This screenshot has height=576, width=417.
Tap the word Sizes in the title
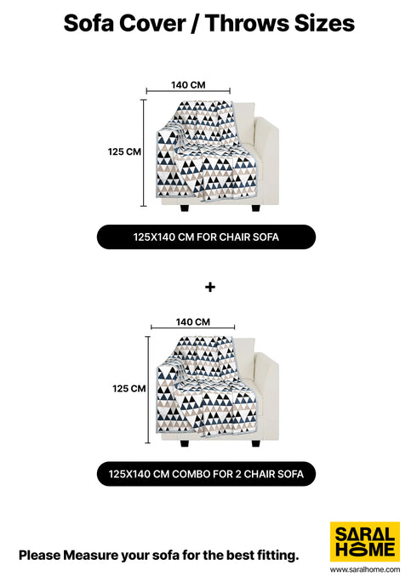(x=324, y=23)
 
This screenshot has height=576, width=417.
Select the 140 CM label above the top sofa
(x=188, y=85)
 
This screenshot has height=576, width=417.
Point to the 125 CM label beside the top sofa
(x=124, y=151)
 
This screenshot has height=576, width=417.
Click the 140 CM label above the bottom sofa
(x=193, y=322)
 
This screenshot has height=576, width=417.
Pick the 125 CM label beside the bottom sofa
(x=129, y=389)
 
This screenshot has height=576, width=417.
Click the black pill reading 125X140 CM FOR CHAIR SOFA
(x=206, y=237)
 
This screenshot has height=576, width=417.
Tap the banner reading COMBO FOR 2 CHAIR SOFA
(x=206, y=474)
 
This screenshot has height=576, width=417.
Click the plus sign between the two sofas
(x=210, y=287)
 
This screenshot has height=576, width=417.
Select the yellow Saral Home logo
(x=365, y=541)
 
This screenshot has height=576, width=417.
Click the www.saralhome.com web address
(x=365, y=569)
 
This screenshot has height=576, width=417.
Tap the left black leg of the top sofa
(x=185, y=208)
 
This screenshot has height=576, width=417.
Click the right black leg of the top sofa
(x=255, y=208)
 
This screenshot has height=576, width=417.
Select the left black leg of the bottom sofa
(x=185, y=444)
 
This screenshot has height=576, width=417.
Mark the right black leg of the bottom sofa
(x=255, y=444)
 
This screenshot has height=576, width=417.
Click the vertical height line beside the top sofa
(x=144, y=153)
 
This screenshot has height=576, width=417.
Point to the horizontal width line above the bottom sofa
(x=193, y=328)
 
